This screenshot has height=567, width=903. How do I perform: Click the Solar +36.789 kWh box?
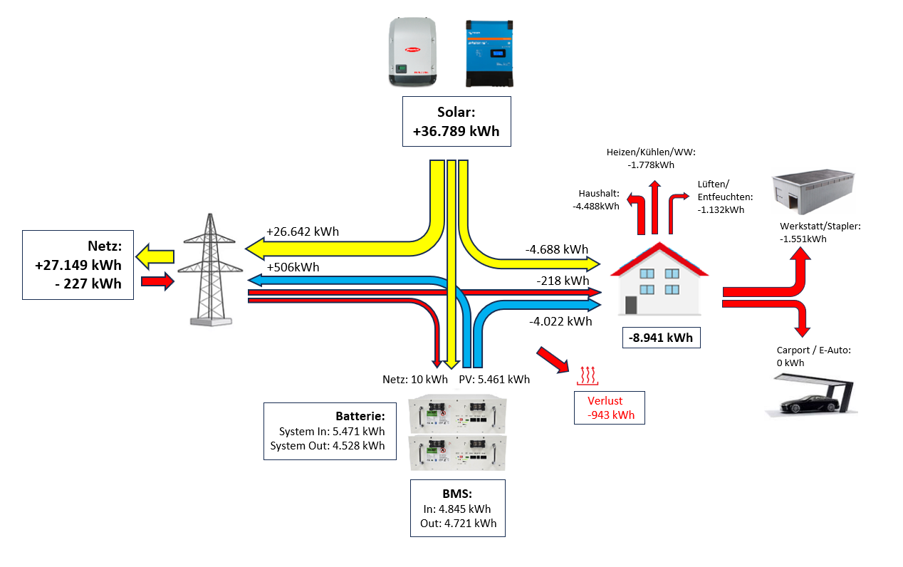(x=456, y=122)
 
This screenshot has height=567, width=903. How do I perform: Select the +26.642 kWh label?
(x=302, y=232)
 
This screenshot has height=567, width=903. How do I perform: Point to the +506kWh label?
(x=292, y=267)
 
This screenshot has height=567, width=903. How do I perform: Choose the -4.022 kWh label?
(x=560, y=321)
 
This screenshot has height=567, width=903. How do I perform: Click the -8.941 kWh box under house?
(x=662, y=337)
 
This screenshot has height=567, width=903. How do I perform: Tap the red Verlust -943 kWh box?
(x=610, y=407)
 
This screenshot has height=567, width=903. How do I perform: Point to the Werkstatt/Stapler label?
(x=820, y=232)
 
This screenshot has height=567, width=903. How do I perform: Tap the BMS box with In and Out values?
(x=458, y=508)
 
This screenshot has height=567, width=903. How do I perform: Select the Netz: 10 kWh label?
(x=415, y=379)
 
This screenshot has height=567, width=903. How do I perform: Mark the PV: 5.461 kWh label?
(x=494, y=379)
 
